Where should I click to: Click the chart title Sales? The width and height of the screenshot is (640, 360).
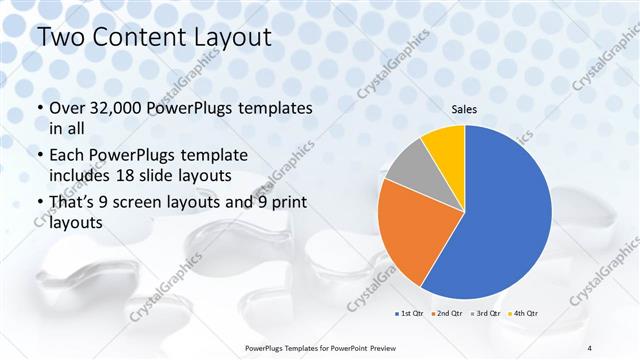tap(464, 108)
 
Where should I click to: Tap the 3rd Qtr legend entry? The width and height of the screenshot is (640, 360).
tap(488, 314)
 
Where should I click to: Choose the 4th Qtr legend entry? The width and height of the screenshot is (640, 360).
tap(525, 314)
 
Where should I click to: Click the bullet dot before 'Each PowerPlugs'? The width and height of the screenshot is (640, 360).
tap(39, 156)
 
